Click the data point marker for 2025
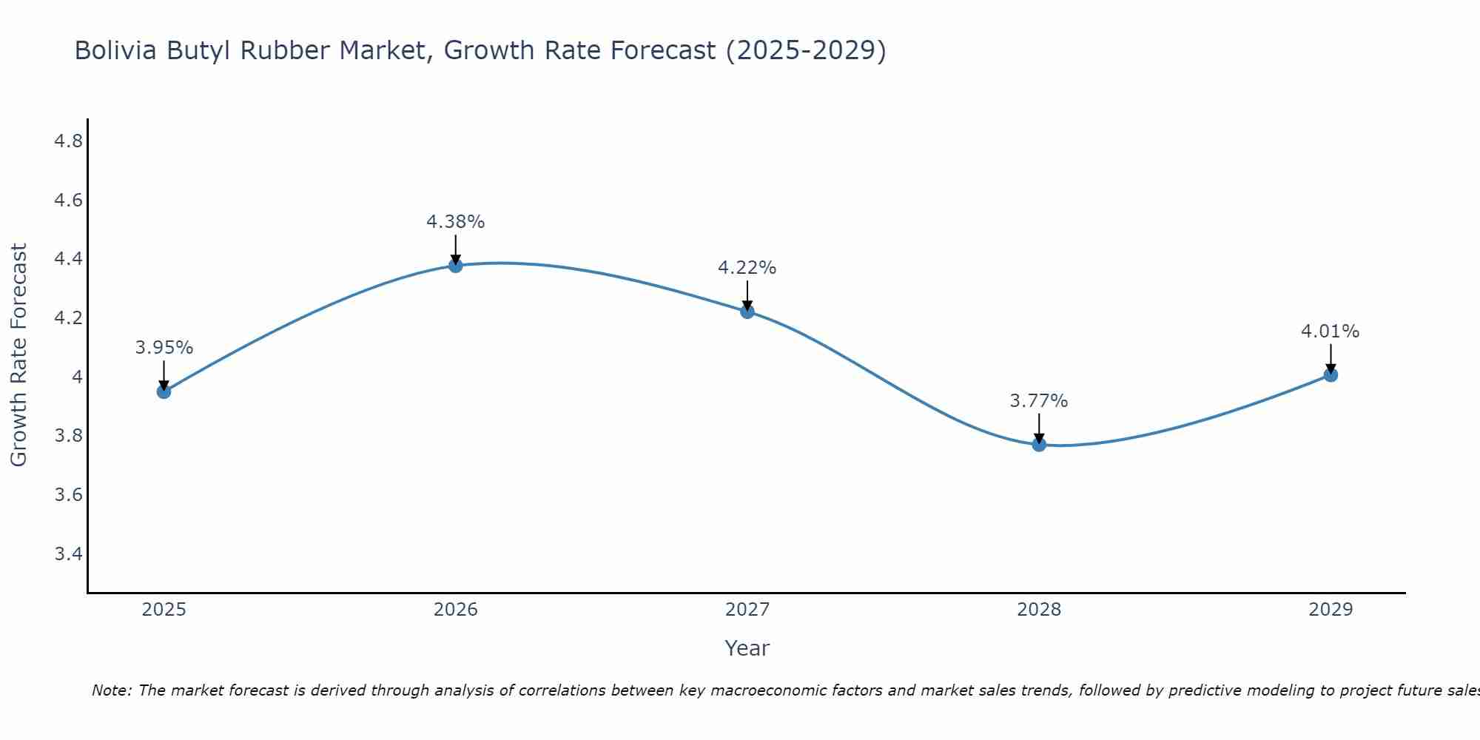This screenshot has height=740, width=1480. [x=164, y=391]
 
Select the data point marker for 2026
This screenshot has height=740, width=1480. [x=456, y=265]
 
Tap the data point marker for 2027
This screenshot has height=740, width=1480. [x=747, y=312]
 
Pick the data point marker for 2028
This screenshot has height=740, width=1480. [x=1039, y=444]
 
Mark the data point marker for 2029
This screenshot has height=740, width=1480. [x=1331, y=374]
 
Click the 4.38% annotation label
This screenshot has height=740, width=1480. [x=455, y=222]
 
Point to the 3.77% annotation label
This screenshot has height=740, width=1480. [x=1038, y=401]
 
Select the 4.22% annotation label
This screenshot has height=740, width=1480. [x=747, y=268]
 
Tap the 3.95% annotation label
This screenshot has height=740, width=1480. [x=164, y=348]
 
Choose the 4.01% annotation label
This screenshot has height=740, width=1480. [x=1330, y=332]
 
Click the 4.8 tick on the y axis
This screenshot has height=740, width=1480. [x=69, y=141]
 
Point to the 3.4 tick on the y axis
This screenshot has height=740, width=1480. [x=69, y=554]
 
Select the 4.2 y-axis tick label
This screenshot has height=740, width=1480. [x=69, y=318]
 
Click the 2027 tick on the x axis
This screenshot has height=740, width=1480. [x=747, y=610]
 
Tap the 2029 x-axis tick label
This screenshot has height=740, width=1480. [x=1331, y=610]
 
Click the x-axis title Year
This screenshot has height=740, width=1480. [x=747, y=648]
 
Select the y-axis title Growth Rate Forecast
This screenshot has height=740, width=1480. [x=18, y=355]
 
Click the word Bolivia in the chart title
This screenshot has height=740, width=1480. [x=115, y=51]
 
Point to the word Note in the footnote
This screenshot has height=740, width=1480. [x=111, y=690]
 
